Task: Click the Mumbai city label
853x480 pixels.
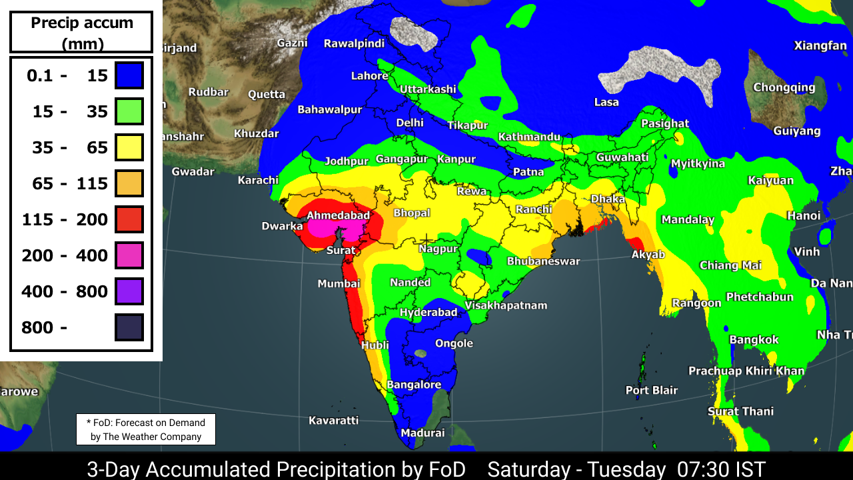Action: (339, 284)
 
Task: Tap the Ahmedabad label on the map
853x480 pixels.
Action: (338, 215)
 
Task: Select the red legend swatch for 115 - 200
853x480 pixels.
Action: (129, 219)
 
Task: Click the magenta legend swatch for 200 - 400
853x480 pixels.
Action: (129, 255)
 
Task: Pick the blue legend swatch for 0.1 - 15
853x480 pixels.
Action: (129, 75)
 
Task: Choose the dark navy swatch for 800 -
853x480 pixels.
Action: (129, 327)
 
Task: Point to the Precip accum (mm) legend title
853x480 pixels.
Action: (82, 33)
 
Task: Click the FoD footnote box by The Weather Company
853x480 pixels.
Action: (145, 430)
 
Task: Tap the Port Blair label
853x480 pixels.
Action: (651, 390)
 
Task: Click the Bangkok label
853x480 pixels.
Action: (754, 340)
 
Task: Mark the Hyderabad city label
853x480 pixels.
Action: (428, 312)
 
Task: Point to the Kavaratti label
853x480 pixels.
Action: (333, 420)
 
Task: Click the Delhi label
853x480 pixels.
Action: (410, 123)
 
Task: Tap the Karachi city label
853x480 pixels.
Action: (258, 180)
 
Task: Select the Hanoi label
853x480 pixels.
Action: (804, 215)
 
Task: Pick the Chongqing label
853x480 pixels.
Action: (784, 87)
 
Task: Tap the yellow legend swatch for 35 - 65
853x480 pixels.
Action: (129, 147)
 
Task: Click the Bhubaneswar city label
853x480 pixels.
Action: (543, 261)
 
